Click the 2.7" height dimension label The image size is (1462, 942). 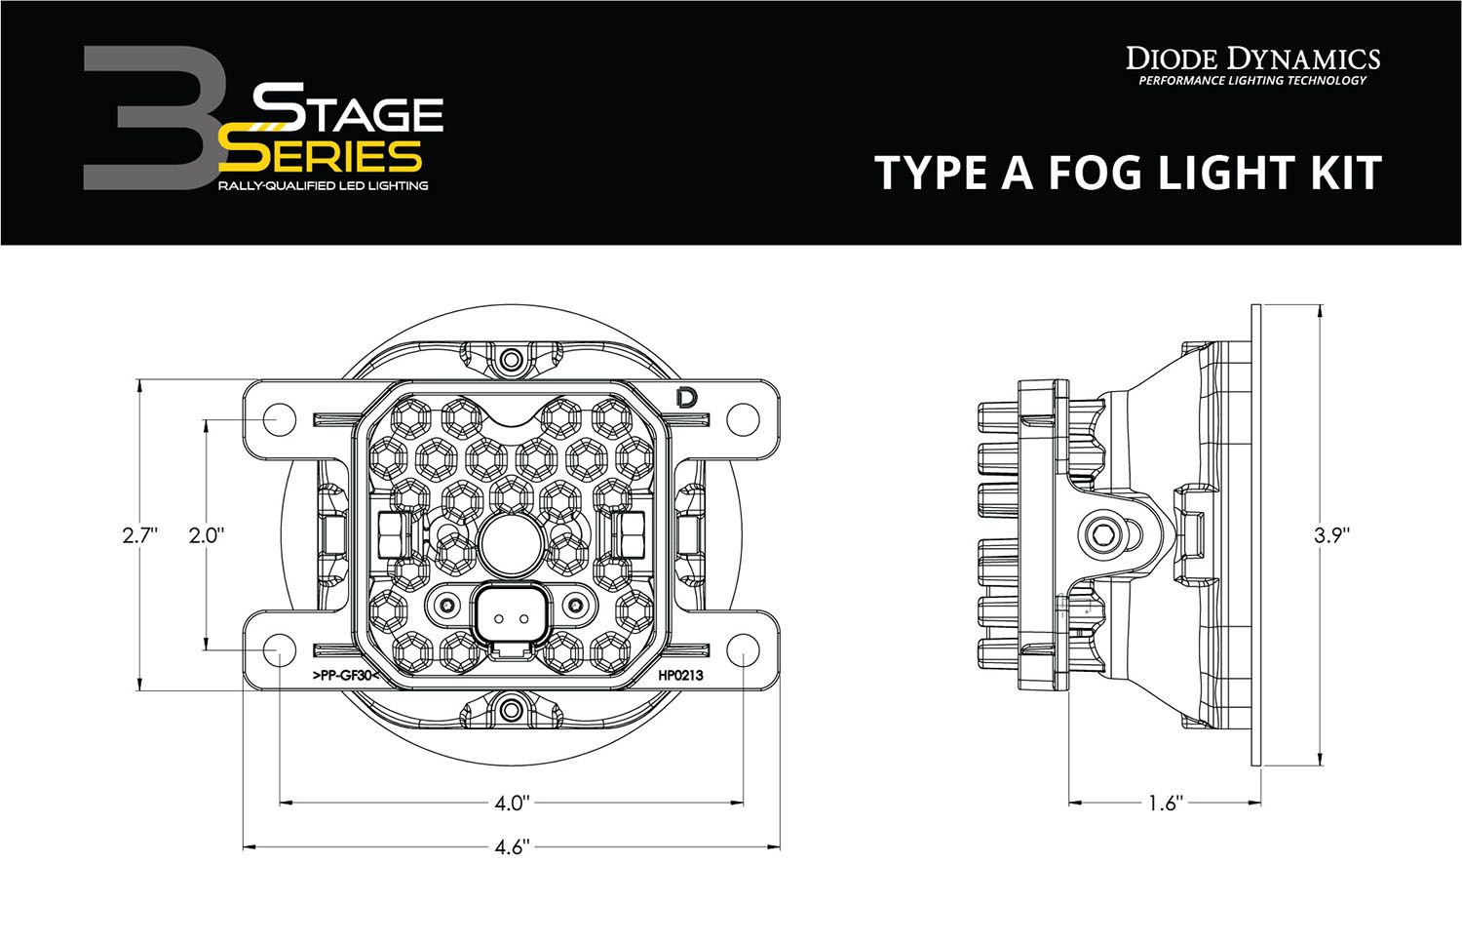click(x=140, y=534)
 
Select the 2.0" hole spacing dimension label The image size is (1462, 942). click(x=207, y=534)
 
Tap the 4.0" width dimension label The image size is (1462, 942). click(x=511, y=804)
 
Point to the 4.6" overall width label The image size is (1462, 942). click(x=511, y=846)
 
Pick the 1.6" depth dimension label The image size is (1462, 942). click(x=1165, y=804)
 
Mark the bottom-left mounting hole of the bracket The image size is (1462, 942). click(x=278, y=651)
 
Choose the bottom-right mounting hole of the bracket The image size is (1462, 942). click(x=743, y=651)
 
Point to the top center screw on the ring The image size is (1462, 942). click(x=510, y=361)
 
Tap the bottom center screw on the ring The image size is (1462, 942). click(x=510, y=708)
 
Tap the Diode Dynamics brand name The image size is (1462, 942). click(x=1252, y=59)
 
